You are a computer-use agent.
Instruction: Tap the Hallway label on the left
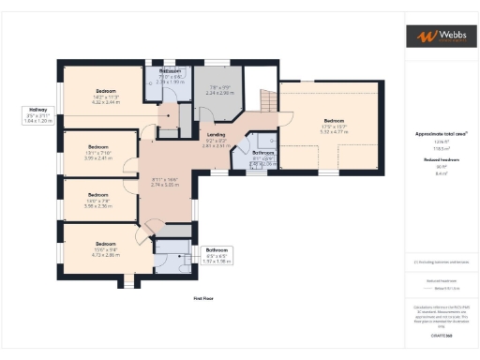coord(37,111)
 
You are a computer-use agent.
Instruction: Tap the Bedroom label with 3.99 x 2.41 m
coord(98,147)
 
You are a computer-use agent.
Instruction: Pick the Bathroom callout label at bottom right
coord(217,249)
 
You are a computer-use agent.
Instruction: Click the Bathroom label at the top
coord(170,71)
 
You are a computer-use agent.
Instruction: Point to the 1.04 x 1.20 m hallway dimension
coord(37,122)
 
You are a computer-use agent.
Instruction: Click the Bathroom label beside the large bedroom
coord(263,152)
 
